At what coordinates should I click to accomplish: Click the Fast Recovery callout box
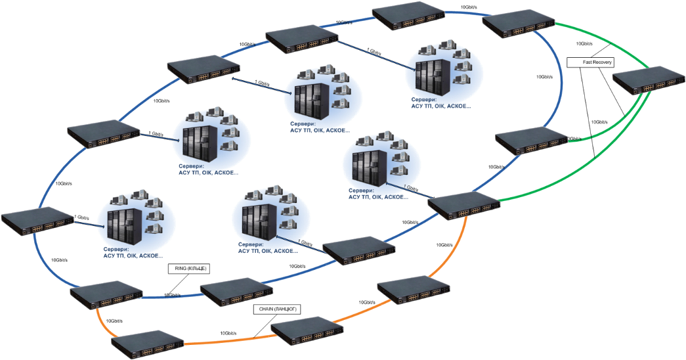[597, 62]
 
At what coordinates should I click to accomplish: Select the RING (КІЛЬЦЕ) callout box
[190, 269]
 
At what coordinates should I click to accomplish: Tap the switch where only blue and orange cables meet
[106, 298]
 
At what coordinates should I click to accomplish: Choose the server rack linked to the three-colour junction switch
[365, 169]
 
